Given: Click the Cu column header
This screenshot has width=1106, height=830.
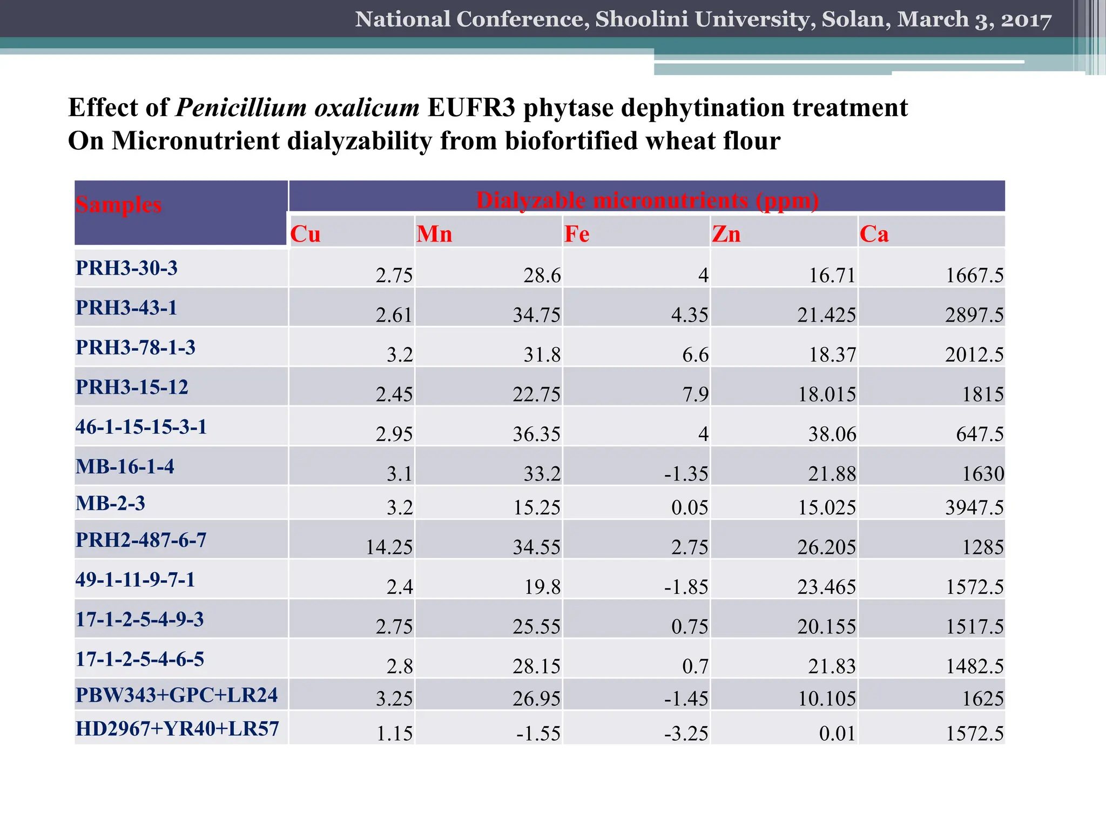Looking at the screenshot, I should (x=306, y=234).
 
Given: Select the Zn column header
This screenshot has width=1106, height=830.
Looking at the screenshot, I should (x=726, y=234).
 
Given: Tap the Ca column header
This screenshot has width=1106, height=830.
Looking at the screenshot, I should (x=874, y=234).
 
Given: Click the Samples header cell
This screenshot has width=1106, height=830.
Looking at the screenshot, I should (x=118, y=205).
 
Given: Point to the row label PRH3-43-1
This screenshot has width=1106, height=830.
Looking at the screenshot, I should (x=126, y=307).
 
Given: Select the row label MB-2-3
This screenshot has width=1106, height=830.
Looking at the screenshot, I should (x=110, y=503).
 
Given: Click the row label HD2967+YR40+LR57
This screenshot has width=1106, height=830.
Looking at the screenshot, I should (x=177, y=728).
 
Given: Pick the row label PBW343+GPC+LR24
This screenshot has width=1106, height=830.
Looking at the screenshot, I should (x=177, y=695).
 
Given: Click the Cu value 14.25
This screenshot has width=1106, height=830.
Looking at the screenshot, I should (x=389, y=547).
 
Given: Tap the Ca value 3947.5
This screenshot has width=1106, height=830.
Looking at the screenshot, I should (x=974, y=507).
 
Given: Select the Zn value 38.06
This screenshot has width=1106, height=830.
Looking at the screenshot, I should (x=832, y=434).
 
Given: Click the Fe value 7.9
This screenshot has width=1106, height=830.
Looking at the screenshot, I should (x=695, y=394).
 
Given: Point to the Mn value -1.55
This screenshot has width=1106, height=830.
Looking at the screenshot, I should (x=538, y=733).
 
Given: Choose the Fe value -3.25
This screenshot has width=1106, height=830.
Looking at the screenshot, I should (x=686, y=733).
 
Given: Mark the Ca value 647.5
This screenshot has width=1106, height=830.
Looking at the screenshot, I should (x=980, y=434).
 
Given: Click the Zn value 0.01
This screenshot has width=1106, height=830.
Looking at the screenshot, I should (x=837, y=733).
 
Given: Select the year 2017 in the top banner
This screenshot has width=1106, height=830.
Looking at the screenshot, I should (x=1026, y=19).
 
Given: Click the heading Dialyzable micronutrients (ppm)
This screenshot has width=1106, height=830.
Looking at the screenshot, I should (x=647, y=200).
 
